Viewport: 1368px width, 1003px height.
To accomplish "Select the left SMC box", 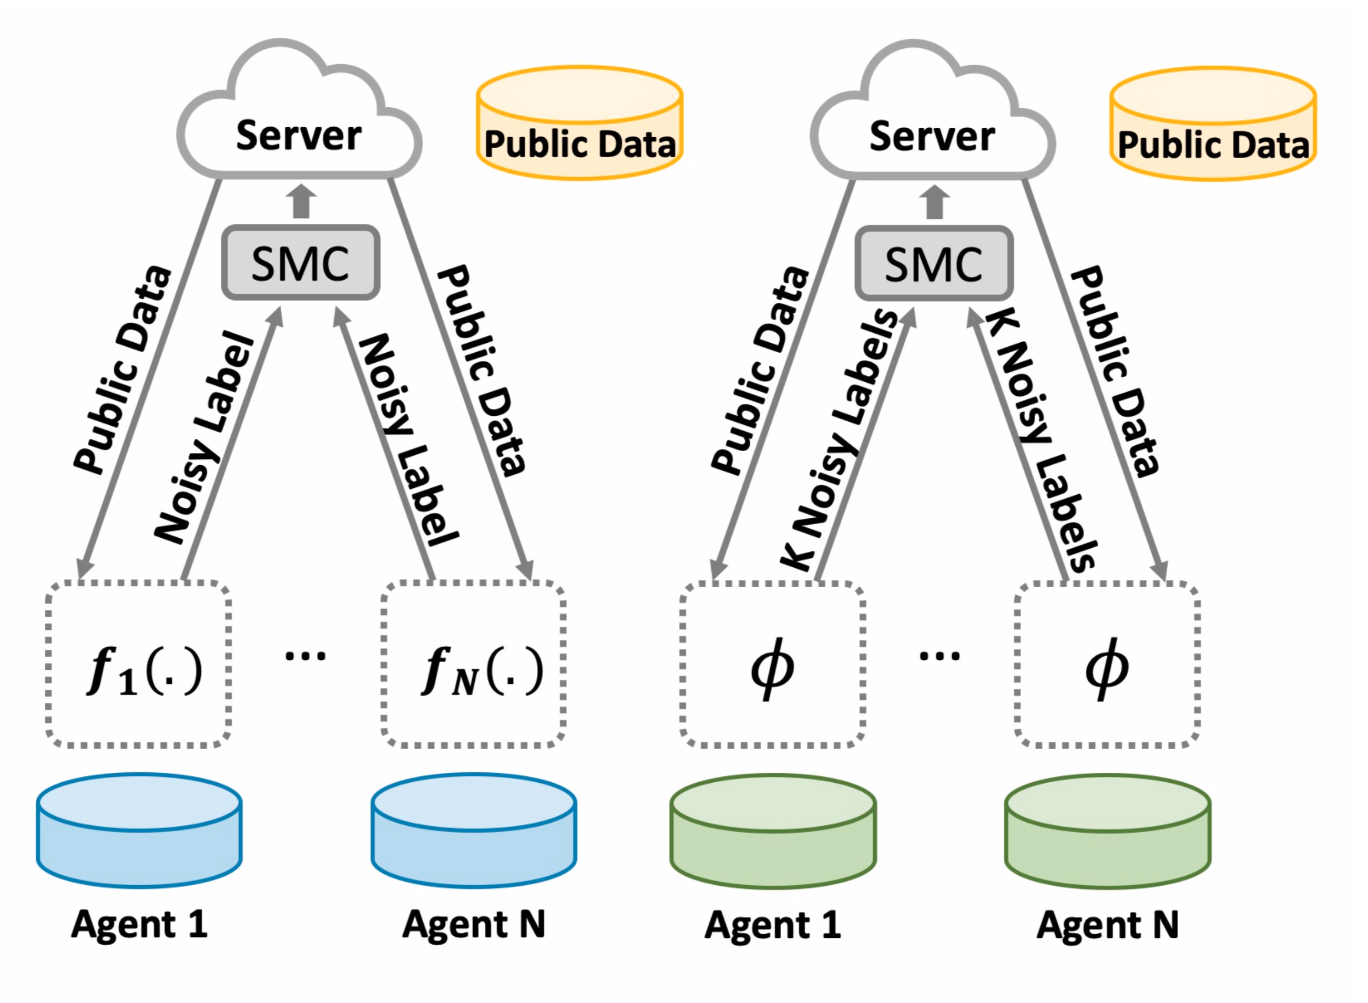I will click(x=301, y=263).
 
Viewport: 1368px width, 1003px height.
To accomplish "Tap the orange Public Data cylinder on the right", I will click(x=1213, y=125).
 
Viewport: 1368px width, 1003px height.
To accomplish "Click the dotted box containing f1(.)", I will click(x=138, y=664).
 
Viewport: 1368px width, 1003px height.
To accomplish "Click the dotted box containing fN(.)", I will click(x=474, y=664).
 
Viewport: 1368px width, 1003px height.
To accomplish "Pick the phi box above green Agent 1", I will click(x=772, y=666).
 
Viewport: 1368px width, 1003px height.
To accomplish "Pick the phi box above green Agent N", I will click(x=1107, y=666).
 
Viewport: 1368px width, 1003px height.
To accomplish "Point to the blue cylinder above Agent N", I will click(x=474, y=830).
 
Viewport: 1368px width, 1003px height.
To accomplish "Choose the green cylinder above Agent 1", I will click(x=773, y=831).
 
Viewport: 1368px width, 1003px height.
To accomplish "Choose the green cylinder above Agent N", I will click(x=1108, y=831).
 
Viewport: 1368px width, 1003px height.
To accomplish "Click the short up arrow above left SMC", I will click(x=301, y=201).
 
